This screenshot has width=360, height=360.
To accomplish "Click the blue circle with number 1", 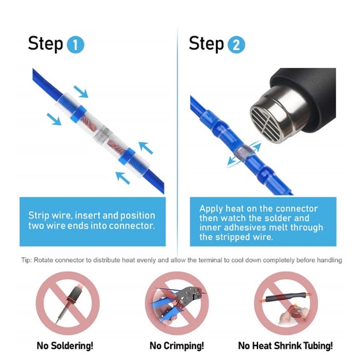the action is coord(75,45).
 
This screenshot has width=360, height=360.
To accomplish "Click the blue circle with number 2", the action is coord(236,45).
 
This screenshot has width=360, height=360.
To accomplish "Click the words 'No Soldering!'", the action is coord(65,345).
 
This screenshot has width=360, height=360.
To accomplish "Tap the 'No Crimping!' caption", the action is coord(176,345).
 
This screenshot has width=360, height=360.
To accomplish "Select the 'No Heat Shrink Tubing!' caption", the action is coord(285,345).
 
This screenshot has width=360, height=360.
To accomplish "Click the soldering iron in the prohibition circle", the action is coord(69,303).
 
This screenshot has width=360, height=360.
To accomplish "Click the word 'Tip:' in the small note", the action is coord(27,260).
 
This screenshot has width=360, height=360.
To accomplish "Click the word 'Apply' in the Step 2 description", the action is coord(211,209).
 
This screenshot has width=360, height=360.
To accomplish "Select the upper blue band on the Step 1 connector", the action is coord(78,114).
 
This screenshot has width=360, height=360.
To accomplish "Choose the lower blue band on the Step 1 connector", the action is coord(127,156).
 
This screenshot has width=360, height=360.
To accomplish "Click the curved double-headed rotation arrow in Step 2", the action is coord(245,154).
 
